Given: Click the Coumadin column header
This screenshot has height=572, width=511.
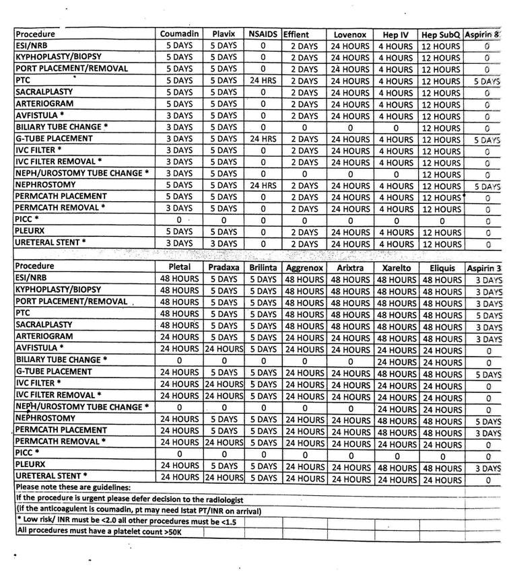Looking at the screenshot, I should (x=178, y=34).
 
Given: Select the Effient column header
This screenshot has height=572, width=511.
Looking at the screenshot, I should (x=296, y=34).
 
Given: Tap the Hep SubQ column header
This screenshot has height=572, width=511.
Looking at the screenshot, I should (x=441, y=34).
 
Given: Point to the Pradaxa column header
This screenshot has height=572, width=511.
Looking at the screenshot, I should (x=224, y=267).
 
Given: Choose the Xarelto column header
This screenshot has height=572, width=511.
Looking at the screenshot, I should (x=396, y=268).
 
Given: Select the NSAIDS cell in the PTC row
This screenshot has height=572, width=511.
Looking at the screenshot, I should (x=263, y=81).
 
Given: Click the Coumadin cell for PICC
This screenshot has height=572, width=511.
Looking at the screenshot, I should (x=178, y=219).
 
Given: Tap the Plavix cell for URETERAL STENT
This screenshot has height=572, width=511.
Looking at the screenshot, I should (x=224, y=244).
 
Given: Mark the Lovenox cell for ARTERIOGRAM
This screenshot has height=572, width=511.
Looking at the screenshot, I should (x=350, y=104).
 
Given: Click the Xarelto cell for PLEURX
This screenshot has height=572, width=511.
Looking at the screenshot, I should (x=396, y=468).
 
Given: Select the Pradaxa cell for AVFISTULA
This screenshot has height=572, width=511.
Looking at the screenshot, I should (x=224, y=349).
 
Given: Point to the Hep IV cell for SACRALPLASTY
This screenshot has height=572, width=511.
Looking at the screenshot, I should (x=396, y=93).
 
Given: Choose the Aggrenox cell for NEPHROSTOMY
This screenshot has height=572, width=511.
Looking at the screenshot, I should (x=304, y=420).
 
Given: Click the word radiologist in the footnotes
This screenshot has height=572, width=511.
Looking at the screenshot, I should (x=219, y=500).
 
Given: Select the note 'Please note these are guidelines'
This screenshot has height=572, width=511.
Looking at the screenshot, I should (x=73, y=487).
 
